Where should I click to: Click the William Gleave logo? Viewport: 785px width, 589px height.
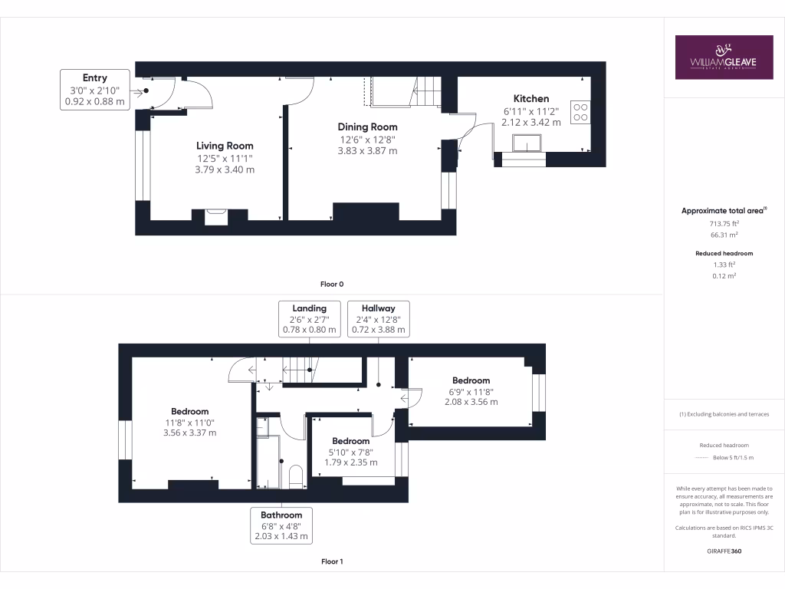(724, 57)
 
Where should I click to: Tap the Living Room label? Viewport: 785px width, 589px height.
(225, 146)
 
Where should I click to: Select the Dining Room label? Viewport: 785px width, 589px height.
(368, 127)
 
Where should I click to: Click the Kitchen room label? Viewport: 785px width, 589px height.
(531, 98)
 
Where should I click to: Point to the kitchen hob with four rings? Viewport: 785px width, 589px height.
(580, 113)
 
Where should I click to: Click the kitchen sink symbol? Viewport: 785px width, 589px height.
(528, 143)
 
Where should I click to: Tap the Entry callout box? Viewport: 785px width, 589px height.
(94, 89)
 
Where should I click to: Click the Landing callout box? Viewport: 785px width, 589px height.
(309, 319)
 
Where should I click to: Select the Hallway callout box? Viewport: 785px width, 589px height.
(379, 319)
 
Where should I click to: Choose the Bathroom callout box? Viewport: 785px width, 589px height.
(281, 525)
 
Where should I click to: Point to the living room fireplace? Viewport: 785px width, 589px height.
(215, 216)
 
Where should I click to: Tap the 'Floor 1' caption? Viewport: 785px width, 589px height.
(332, 561)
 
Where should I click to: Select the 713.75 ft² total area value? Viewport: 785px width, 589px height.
(724, 223)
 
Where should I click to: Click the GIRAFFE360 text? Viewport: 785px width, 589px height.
(724, 551)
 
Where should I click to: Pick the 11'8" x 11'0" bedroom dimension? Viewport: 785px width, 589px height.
(189, 422)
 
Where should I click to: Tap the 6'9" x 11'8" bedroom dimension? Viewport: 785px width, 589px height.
(471, 391)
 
